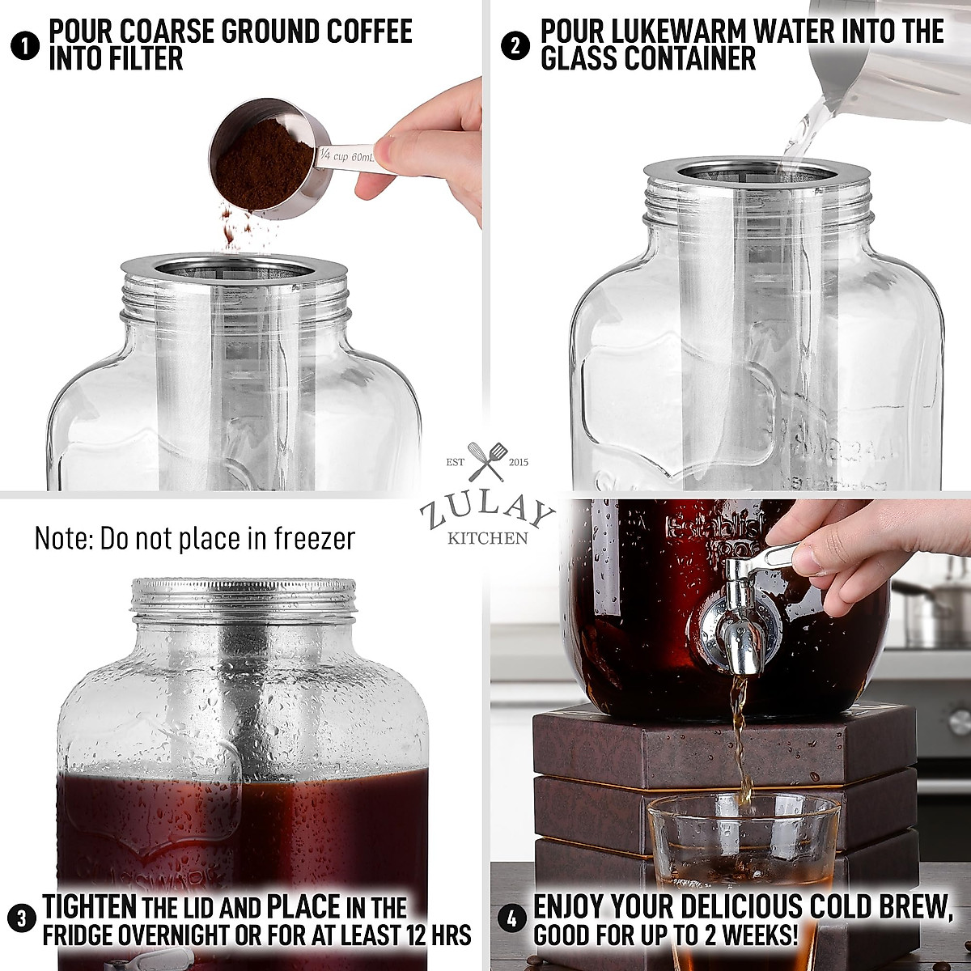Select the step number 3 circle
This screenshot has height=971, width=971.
pos(25,919)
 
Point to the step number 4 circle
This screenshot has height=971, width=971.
pos(512,919)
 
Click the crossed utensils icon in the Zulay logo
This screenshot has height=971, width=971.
pos(487,461)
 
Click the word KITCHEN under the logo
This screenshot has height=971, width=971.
pos(487,538)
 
